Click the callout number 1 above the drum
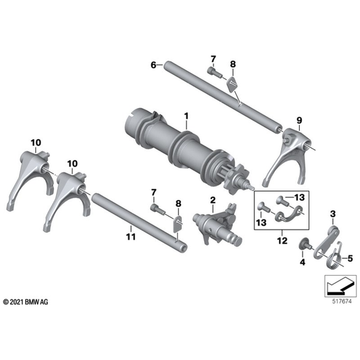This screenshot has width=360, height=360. click(x=186, y=116)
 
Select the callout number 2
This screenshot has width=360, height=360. click(x=213, y=200)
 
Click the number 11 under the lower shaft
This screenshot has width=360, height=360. click(x=131, y=236)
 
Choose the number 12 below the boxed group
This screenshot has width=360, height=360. click(x=282, y=240)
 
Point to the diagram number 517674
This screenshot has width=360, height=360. click(x=342, y=301)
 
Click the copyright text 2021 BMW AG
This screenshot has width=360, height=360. click(x=26, y=302)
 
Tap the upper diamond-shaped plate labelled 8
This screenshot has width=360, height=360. click(x=232, y=84)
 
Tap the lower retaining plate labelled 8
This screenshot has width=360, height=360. click(x=177, y=224)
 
